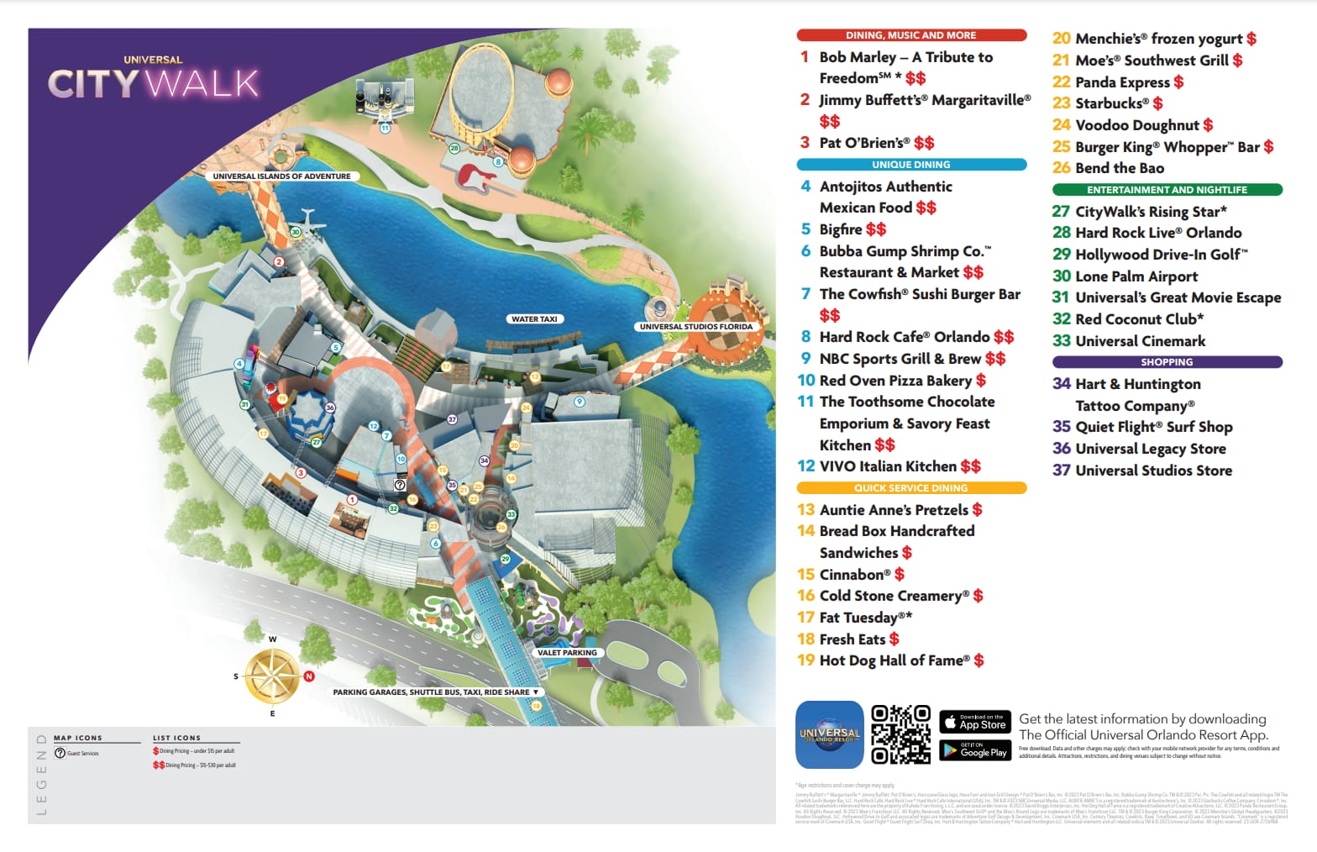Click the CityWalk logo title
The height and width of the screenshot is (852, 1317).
(x=153, y=79)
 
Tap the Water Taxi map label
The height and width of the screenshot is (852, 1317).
(x=534, y=319)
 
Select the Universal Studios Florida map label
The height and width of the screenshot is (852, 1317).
(x=696, y=327)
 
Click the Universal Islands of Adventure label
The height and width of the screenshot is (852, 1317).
(x=281, y=176)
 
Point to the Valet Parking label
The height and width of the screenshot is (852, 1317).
(x=567, y=653)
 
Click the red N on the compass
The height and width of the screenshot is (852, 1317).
(x=309, y=676)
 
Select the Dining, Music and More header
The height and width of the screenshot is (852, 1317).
(x=910, y=35)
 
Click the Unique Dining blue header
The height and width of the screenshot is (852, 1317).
(x=910, y=165)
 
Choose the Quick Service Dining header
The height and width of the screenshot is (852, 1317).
(x=910, y=488)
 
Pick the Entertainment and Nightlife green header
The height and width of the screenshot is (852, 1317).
(x=1167, y=190)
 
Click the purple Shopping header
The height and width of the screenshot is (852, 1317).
(x=1167, y=362)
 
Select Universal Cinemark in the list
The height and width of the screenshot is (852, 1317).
(x=1140, y=341)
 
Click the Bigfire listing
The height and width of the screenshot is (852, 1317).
(x=841, y=229)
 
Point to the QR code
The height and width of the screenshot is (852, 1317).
(x=900, y=734)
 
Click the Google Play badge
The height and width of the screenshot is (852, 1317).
(x=974, y=749)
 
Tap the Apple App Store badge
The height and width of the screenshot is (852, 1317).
(x=974, y=721)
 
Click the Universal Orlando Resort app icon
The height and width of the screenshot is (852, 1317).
(x=829, y=734)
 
